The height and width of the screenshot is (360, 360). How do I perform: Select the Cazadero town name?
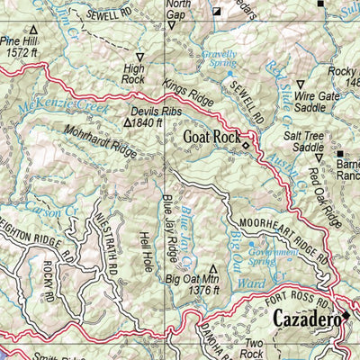(x=306, y=319)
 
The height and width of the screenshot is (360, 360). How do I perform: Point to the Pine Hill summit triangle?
(x=33, y=30)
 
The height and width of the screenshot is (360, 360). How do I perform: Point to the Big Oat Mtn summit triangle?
(x=213, y=268)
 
